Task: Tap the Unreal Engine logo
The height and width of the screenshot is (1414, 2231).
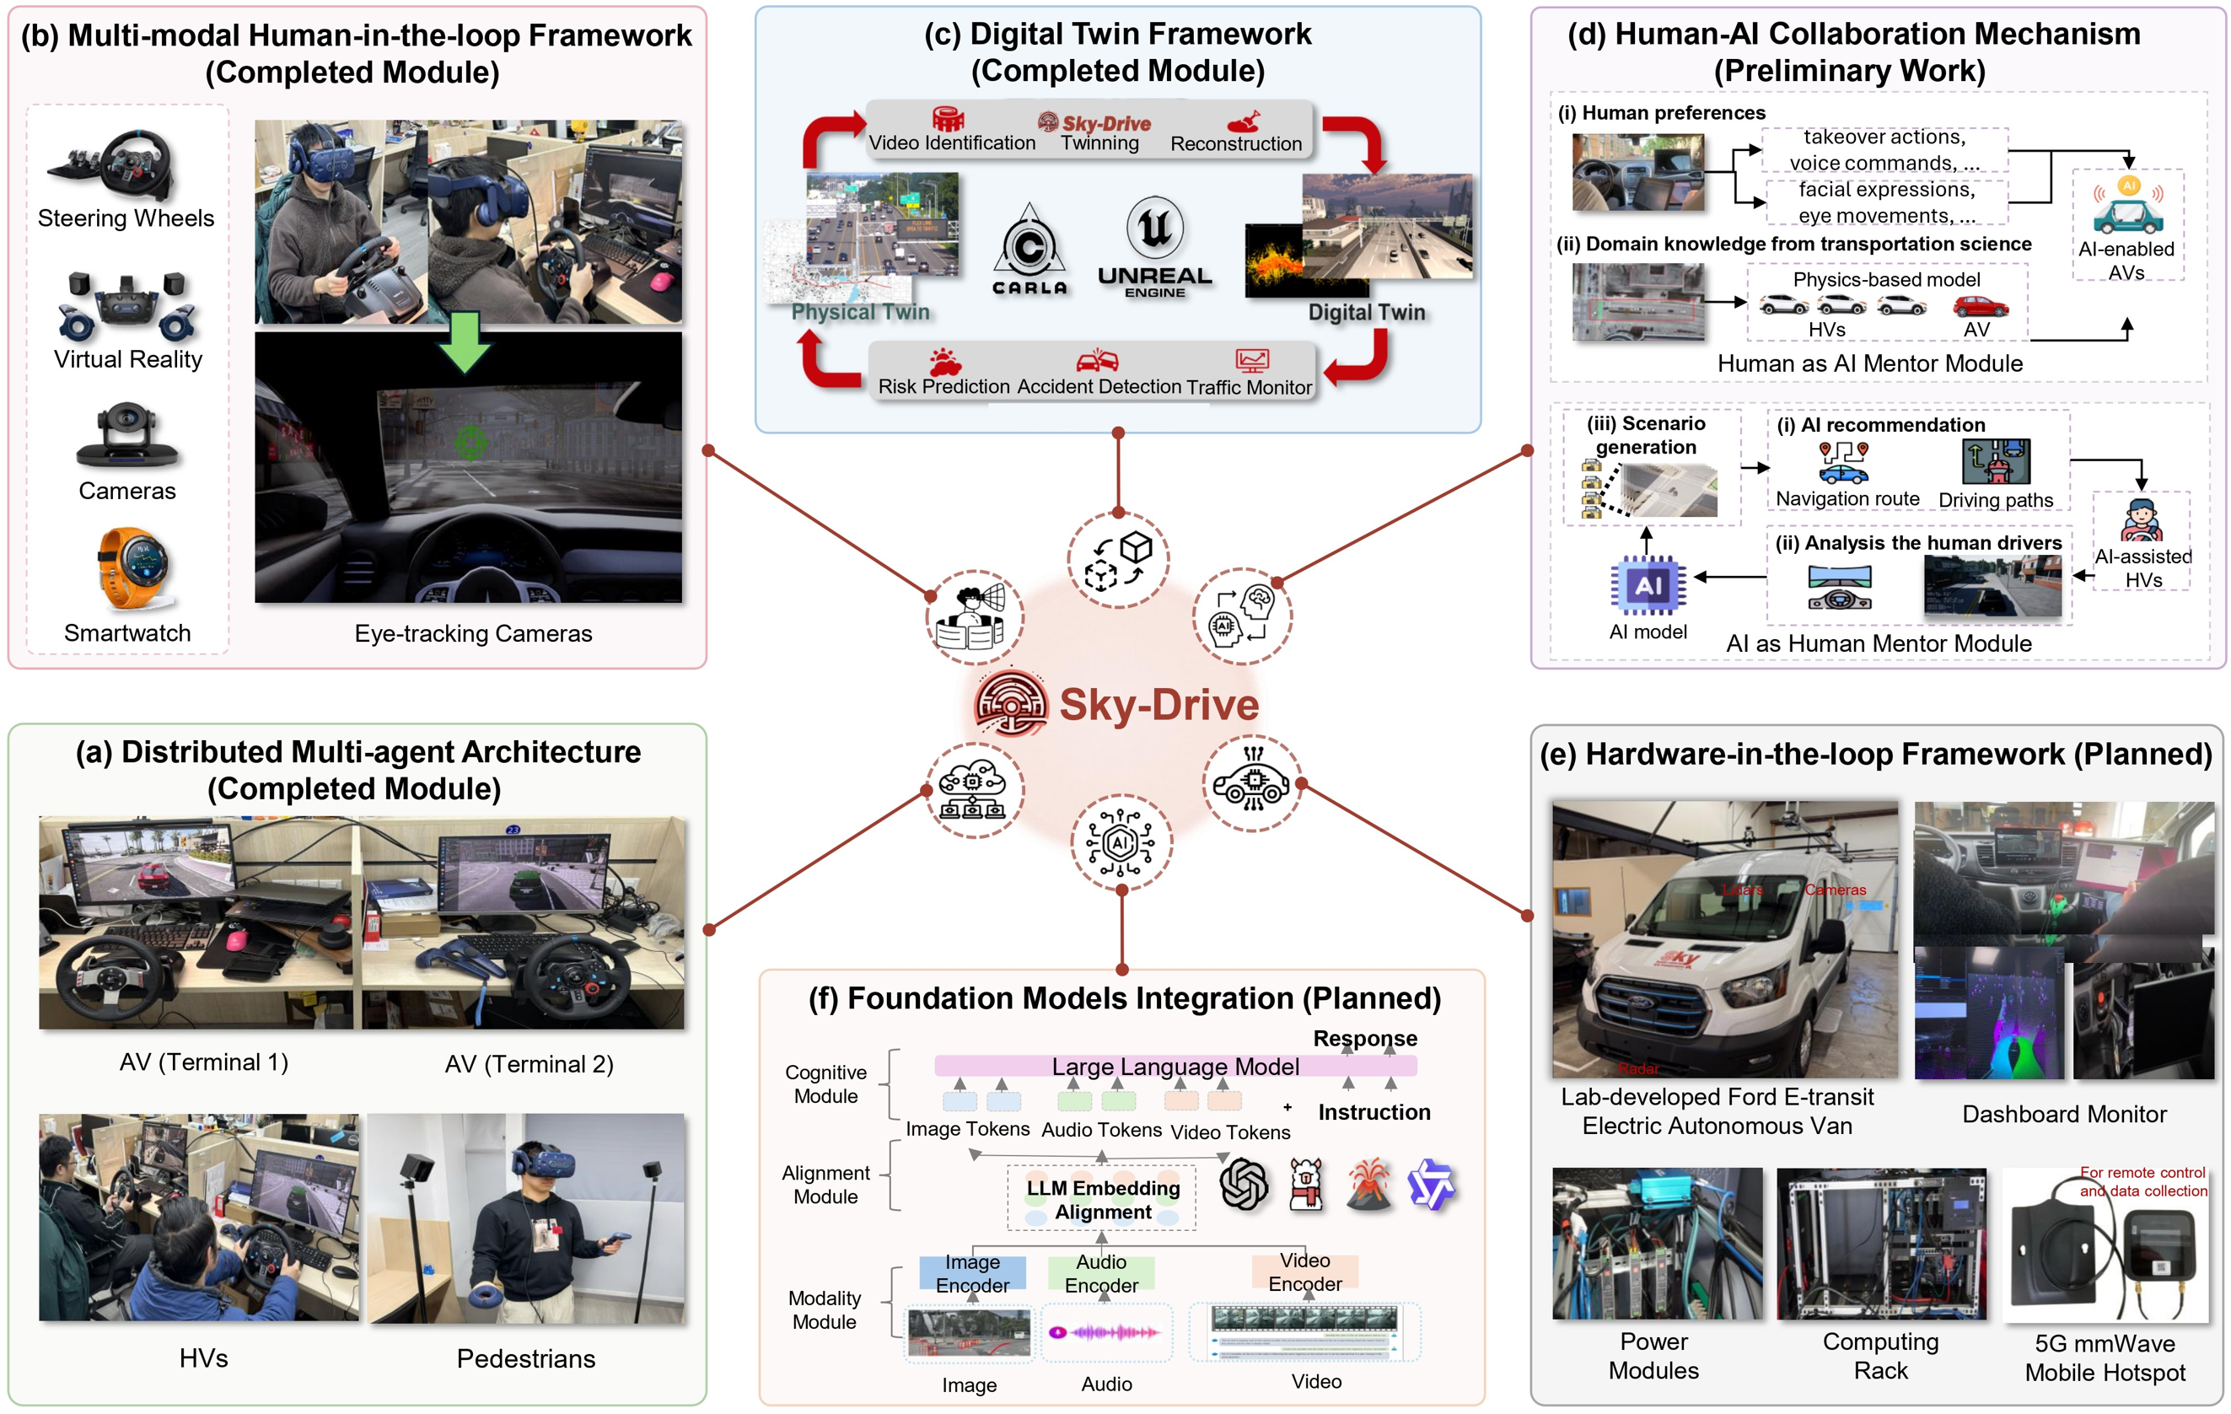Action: click(1154, 246)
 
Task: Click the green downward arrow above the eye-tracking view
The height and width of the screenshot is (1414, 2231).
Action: click(465, 341)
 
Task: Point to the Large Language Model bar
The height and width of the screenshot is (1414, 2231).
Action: click(1175, 1067)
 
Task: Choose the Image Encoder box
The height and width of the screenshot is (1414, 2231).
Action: click(972, 1273)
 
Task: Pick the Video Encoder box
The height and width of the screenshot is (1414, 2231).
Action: click(1304, 1272)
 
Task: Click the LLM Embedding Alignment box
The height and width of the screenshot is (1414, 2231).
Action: click(1103, 1199)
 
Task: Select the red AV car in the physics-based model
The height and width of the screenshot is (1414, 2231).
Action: click(1980, 306)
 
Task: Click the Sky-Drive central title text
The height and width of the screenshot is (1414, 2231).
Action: click(1159, 704)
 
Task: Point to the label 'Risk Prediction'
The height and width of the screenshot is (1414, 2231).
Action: click(943, 386)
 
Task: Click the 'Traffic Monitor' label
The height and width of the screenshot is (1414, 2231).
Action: click(1249, 386)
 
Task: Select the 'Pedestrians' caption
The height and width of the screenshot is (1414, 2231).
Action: click(525, 1358)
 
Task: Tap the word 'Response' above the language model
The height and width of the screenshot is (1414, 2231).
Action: click(1365, 1038)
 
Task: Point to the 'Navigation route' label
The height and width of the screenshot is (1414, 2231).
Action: click(1847, 498)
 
